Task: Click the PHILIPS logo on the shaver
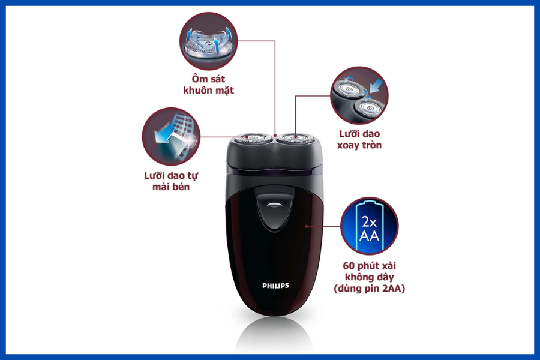tap(275, 286)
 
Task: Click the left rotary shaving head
tap(252, 138)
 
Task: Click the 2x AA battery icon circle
tap(369, 226)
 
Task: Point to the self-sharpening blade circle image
tap(171, 136)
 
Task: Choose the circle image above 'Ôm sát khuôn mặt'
tap(208, 41)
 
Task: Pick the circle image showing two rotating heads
tap(359, 95)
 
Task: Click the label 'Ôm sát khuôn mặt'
tap(208, 85)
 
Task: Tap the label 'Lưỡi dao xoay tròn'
tap(359, 139)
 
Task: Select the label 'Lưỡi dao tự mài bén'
tap(171, 181)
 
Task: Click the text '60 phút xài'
tap(369, 266)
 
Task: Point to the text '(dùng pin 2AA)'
tap(369, 289)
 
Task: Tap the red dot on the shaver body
tap(307, 226)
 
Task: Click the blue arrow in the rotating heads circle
tap(376, 85)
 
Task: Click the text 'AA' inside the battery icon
tap(369, 236)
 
